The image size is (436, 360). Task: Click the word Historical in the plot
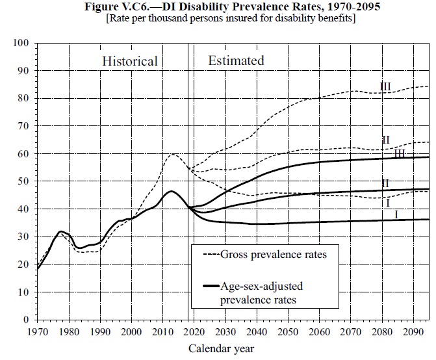tap(130, 61)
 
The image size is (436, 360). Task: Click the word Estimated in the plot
tap(236, 60)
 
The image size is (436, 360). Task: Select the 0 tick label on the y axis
tap(27, 320)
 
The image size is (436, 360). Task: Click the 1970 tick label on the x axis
tap(38, 331)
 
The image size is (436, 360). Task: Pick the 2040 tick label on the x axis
tap(256, 331)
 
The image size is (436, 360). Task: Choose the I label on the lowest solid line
tap(396, 214)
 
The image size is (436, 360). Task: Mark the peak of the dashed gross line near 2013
tap(172, 154)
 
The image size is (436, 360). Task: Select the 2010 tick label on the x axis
tap(162, 331)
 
